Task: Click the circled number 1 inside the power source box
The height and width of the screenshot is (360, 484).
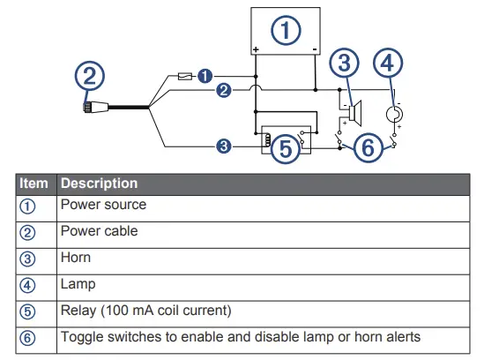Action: [x=284, y=31]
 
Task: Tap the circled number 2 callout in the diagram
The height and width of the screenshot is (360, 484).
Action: [x=88, y=76]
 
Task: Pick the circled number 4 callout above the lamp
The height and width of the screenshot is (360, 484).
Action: [x=391, y=64]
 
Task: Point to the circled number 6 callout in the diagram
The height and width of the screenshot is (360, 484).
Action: [x=369, y=147]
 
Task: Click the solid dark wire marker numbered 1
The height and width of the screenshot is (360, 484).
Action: [x=205, y=76]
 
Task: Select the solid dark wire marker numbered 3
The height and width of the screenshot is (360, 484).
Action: [x=224, y=146]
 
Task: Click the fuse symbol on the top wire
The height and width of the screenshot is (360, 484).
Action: [x=186, y=77]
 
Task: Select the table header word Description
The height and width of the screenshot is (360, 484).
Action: [x=99, y=184]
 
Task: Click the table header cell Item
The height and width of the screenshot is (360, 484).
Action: [x=34, y=184]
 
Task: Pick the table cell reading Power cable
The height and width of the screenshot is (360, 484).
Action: [x=99, y=231]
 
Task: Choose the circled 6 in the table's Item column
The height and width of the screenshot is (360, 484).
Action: [x=27, y=338]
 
